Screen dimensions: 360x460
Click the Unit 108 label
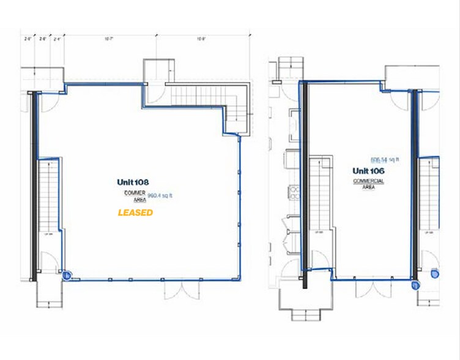click(133, 182)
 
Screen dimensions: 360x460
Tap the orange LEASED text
click(135, 212)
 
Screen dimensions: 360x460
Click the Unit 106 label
click(368, 170)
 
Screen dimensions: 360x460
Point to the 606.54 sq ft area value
click(382, 159)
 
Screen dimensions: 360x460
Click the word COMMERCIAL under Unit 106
click(368, 181)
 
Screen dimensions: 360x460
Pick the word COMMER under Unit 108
click(135, 193)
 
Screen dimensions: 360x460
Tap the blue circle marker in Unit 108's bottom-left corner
click(67, 276)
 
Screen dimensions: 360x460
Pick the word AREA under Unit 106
click(368, 187)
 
